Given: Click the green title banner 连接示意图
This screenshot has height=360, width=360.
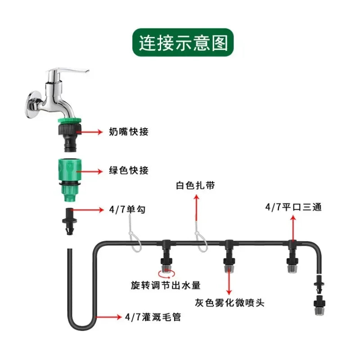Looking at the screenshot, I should [183, 44].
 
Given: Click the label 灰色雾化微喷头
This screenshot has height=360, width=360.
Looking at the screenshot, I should [229, 303].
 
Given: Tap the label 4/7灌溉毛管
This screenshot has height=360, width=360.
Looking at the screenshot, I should [153, 317].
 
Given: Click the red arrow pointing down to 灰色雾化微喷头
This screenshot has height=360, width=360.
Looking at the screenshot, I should [229, 281].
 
